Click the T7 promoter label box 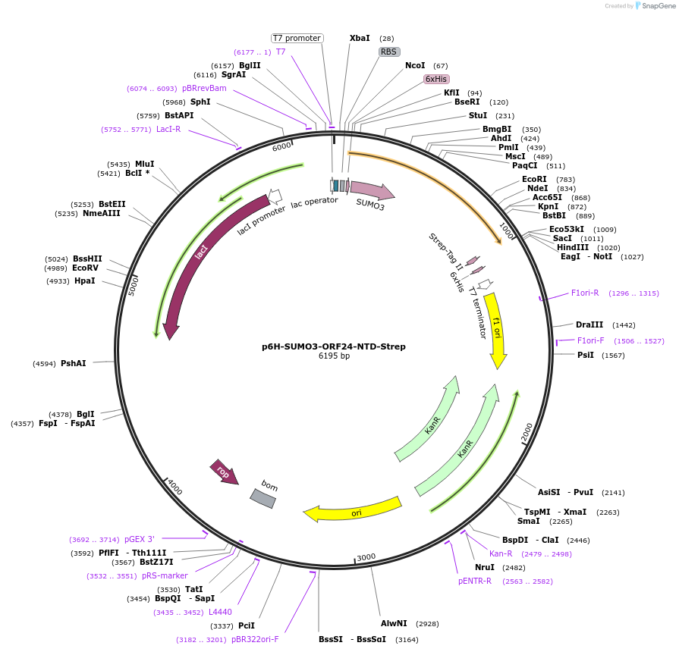(297, 38)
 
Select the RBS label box (389, 52)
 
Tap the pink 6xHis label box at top (436, 79)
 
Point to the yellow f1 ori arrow (496, 330)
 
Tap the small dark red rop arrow (223, 472)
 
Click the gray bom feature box (262, 497)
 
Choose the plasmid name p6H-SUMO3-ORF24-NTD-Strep (334, 346)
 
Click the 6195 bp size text (334, 356)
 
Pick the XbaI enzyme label (360, 38)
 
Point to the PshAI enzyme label (74, 364)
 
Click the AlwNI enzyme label (394, 623)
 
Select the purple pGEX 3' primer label (139, 539)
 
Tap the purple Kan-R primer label (501, 553)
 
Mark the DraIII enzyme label (589, 324)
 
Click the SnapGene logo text (658, 6)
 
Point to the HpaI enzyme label (85, 281)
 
